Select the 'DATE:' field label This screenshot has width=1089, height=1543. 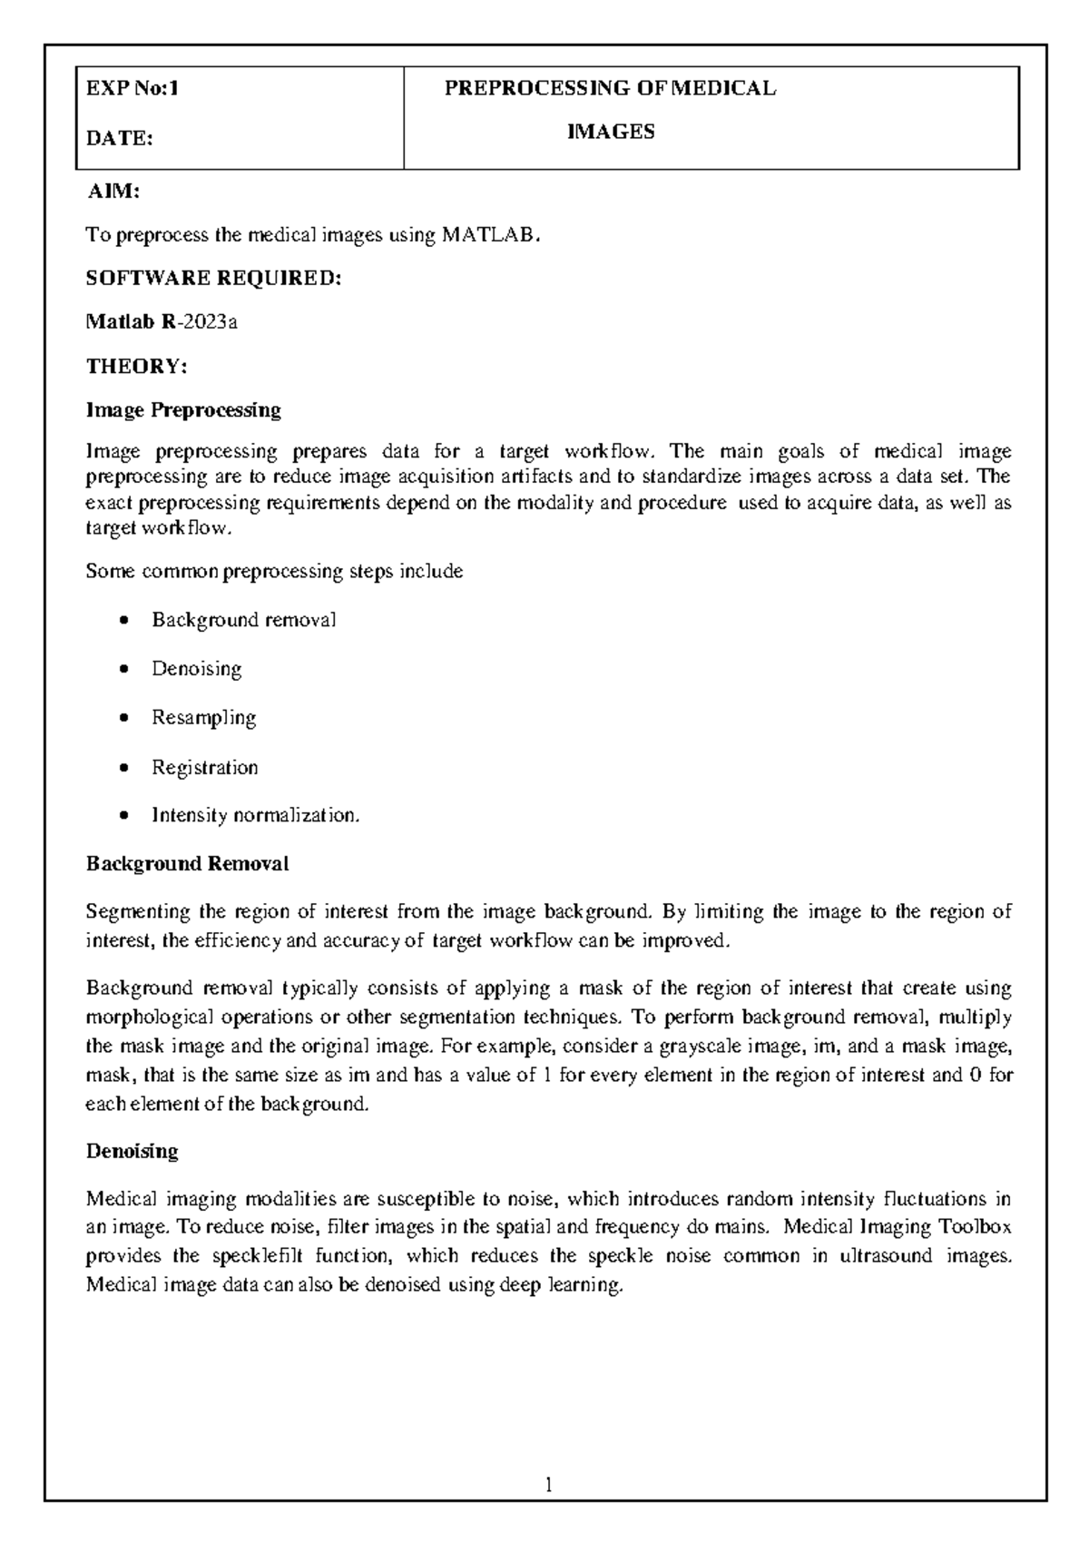click(x=119, y=139)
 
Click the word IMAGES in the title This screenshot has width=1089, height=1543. click(x=610, y=132)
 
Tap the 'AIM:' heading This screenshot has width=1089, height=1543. click(x=113, y=192)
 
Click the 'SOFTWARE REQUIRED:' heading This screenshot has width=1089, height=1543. click(x=214, y=279)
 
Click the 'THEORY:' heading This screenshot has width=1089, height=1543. click(x=136, y=367)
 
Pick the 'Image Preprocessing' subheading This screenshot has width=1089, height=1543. click(x=183, y=410)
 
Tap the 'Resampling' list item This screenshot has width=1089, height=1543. click(x=203, y=718)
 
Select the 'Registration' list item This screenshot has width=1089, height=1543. click(x=204, y=768)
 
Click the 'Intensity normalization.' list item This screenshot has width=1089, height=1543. click(x=255, y=816)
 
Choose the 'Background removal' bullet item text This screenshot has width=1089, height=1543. click(x=243, y=621)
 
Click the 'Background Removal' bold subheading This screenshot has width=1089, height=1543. click(x=187, y=864)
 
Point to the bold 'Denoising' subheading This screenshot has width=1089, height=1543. click(x=132, y=1152)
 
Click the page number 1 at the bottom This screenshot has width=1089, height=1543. click(x=548, y=1486)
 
